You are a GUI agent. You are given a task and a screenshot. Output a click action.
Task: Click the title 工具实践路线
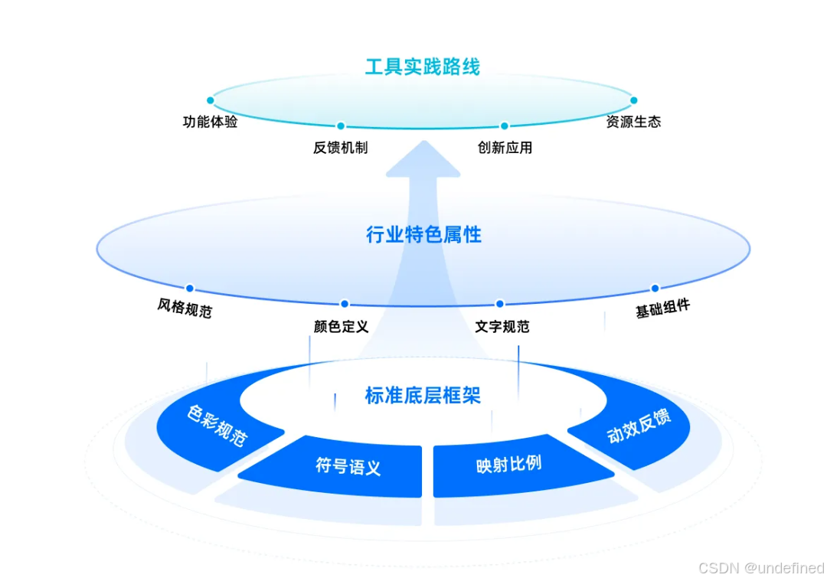coord(422,67)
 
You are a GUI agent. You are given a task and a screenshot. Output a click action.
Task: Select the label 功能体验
coord(210,122)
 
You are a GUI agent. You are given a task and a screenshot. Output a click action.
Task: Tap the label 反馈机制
coord(340,147)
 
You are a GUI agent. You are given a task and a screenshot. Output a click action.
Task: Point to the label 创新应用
coord(505,147)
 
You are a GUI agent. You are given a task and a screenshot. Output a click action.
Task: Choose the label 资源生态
coord(633,122)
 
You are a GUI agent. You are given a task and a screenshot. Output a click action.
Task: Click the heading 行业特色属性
coord(423,234)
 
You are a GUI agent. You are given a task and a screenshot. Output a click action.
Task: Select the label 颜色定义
coord(341,327)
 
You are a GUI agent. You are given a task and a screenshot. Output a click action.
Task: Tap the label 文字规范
coord(502,327)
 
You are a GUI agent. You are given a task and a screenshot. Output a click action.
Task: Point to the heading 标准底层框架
coord(423,396)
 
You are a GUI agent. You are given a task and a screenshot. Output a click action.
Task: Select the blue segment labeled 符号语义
coord(348,466)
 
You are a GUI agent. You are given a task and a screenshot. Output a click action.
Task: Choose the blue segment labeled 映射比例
coord(508,465)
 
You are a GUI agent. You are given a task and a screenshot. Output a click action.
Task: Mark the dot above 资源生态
coord(633,100)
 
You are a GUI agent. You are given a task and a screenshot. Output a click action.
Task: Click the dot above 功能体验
coord(210,100)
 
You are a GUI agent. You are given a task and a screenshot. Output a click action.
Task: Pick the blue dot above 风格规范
coord(190,289)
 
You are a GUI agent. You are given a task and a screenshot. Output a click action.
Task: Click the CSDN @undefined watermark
coord(761,567)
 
